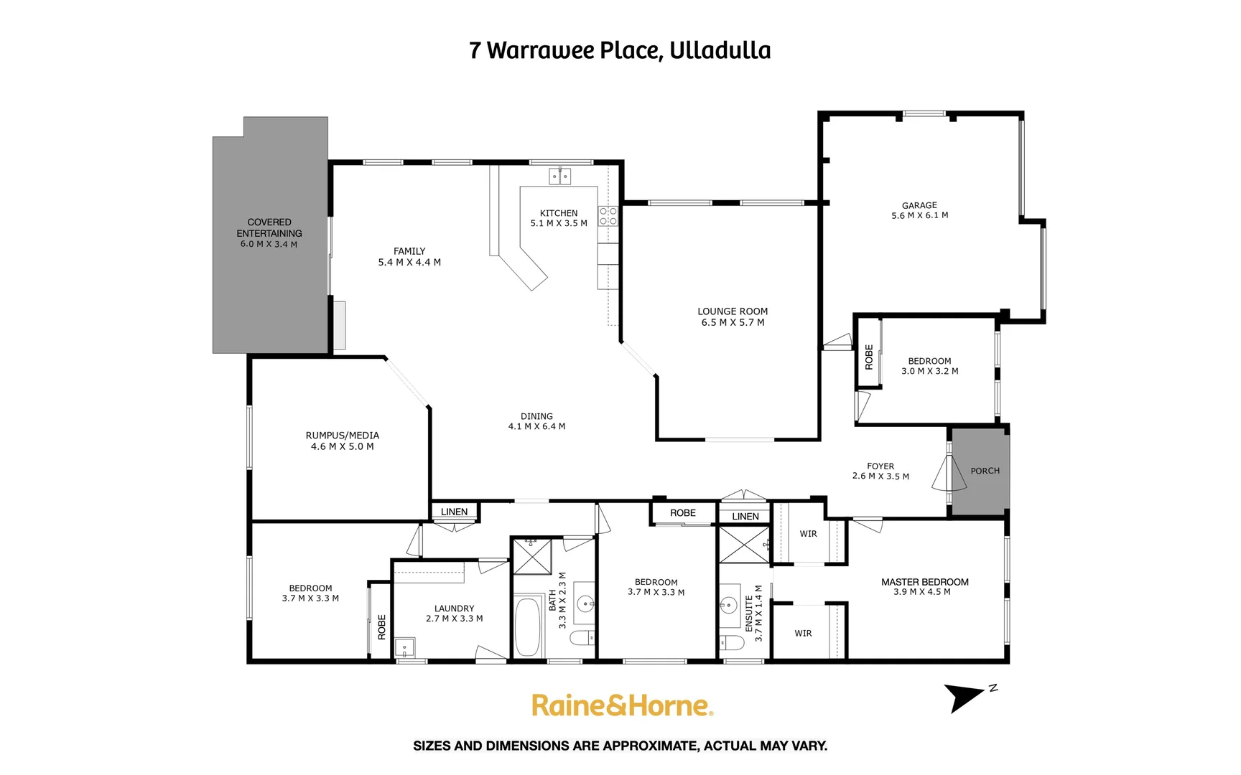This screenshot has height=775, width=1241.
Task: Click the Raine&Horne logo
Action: [x=622, y=705]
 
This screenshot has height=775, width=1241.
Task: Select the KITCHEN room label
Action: [x=559, y=213]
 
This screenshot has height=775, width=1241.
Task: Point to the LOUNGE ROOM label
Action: [x=733, y=311]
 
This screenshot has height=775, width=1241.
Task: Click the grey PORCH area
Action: [x=982, y=471]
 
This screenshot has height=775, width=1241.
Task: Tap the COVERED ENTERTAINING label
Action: [x=269, y=227]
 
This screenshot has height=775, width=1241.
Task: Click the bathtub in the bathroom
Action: [x=529, y=626]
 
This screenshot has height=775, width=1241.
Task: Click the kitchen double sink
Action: [x=559, y=176]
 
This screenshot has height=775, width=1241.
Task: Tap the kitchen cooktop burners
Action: [x=608, y=216]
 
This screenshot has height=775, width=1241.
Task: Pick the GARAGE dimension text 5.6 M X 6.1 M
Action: [x=919, y=215]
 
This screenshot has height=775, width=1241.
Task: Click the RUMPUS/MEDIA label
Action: [x=343, y=436]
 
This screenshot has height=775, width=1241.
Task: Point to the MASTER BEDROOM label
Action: [x=925, y=582]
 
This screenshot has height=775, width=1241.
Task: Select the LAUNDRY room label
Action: [x=454, y=609]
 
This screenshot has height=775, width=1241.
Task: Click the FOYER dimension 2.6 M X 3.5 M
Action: [x=880, y=476]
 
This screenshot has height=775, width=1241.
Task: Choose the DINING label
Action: [x=536, y=416]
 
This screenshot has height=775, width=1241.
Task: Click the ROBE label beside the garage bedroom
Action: [x=869, y=357]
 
